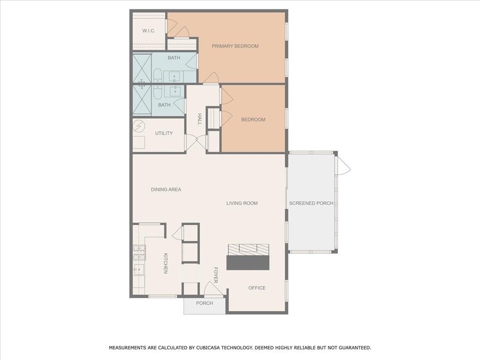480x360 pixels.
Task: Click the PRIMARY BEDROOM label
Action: pos(235,46)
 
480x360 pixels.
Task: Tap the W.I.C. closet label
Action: pos(149,31)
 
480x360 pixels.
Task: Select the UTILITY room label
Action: pos(164,133)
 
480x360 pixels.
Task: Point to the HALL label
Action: pos(199,119)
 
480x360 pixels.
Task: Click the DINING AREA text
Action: pos(166,189)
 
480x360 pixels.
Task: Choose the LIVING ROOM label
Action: pos(242,203)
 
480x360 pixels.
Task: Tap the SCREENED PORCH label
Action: pos(311,203)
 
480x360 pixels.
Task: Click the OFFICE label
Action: pos(257,288)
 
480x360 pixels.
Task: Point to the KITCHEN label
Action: pos(165,263)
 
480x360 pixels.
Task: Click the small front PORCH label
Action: pos(204,303)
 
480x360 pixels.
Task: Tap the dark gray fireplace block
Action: pos(248,262)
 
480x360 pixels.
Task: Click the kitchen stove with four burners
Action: pos(139,253)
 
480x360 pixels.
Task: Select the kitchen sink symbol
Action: pos(139,269)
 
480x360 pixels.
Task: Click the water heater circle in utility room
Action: pos(139,126)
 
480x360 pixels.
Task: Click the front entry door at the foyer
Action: pos(213,289)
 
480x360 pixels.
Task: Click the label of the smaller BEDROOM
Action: pos(253,120)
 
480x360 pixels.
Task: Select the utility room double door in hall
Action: pos(196,142)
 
